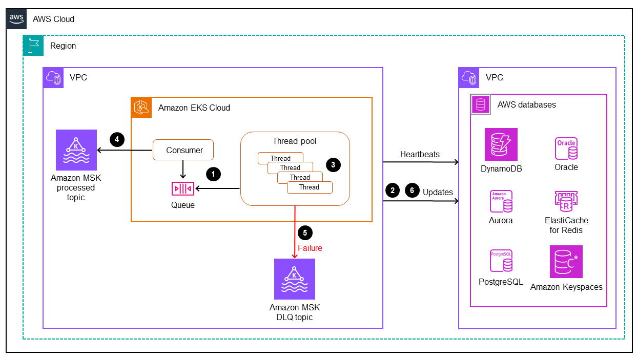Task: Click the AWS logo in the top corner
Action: tap(16, 18)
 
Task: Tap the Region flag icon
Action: tap(33, 46)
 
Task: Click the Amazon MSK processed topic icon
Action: tap(76, 150)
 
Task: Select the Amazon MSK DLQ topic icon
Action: tap(294, 279)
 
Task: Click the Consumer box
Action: tap(183, 150)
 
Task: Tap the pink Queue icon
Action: tap(183, 189)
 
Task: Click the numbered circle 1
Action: tap(213, 174)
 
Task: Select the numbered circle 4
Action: tap(117, 139)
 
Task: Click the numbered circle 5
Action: tap(305, 232)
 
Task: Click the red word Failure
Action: tap(310, 248)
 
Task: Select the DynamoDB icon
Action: tap(501, 144)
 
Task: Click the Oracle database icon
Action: tap(566, 149)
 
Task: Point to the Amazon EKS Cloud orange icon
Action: tap(141, 108)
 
